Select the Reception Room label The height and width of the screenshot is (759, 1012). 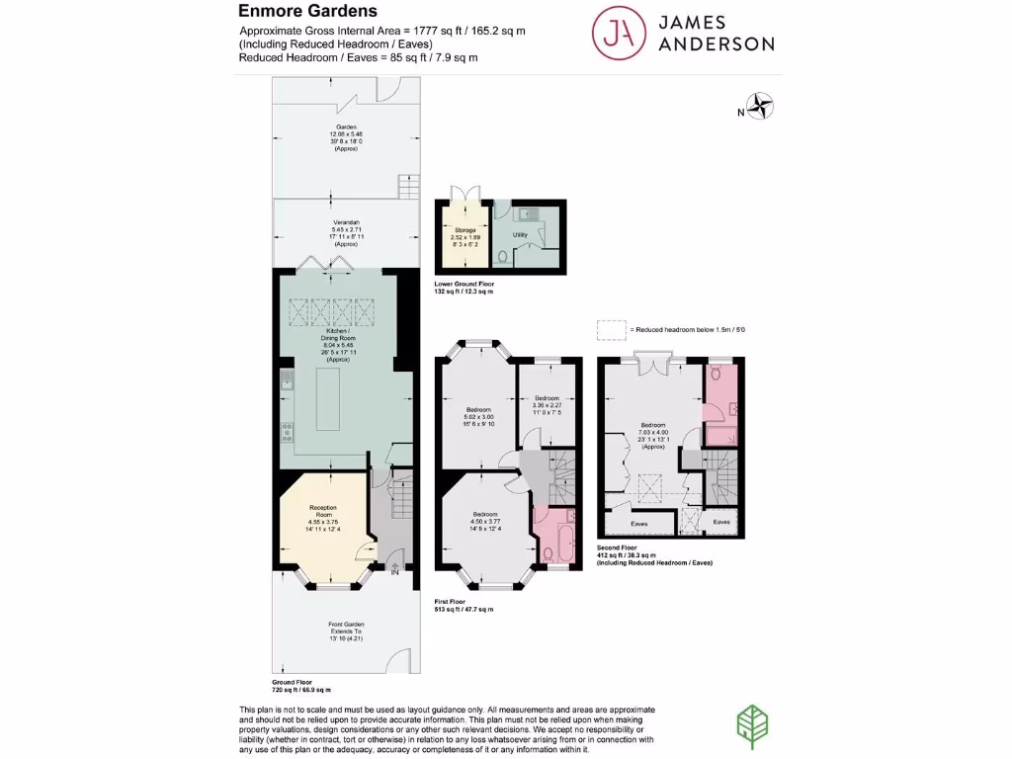(x=323, y=519)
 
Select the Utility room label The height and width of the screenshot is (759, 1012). (x=520, y=234)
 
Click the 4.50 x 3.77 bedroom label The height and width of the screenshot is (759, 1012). (x=484, y=522)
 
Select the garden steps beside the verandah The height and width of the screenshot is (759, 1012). (x=408, y=186)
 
